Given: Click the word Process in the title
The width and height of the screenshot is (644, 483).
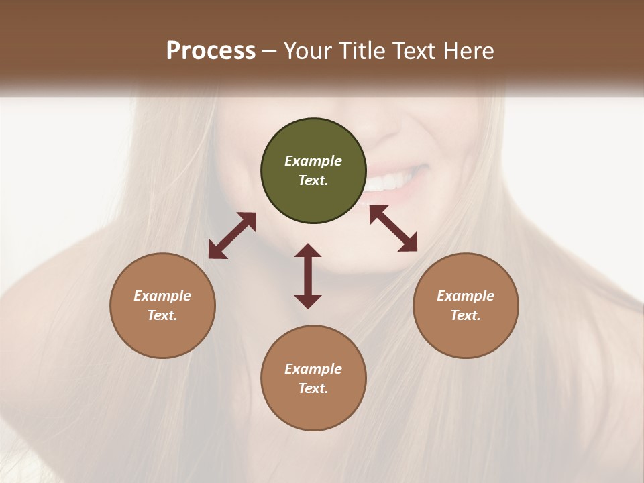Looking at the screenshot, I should click(211, 50).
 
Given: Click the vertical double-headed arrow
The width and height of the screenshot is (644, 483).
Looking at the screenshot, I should click(308, 276).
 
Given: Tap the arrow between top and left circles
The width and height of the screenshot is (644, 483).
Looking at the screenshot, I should click(232, 235).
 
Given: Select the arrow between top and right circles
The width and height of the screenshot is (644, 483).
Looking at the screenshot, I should click(393, 228).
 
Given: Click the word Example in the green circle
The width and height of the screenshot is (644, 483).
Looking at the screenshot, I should click(313, 161).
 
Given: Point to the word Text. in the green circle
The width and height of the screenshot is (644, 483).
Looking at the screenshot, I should click(313, 180).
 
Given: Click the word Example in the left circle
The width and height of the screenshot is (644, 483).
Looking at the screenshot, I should click(162, 296).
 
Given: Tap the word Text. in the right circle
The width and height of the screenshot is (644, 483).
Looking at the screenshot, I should click(466, 315).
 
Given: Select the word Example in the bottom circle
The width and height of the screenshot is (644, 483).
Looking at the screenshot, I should click(313, 369).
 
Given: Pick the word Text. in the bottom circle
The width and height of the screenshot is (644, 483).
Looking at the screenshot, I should click(313, 388).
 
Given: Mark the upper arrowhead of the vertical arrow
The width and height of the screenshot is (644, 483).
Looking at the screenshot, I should click(308, 252).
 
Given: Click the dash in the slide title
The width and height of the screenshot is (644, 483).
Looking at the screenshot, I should click(269, 52).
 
